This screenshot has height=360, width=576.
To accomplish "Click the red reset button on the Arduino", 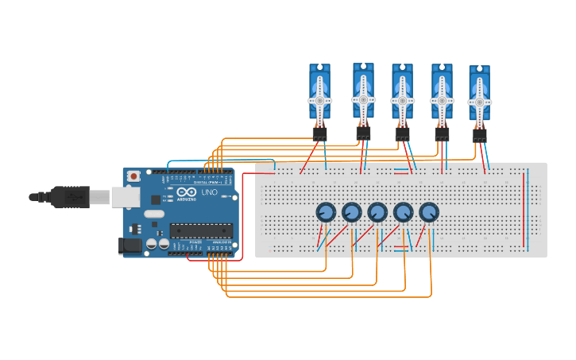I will tap(133, 175).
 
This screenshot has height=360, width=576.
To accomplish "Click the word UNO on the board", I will tap(210, 192).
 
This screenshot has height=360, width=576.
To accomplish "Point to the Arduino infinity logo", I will tap(187, 192).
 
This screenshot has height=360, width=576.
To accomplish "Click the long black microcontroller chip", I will tap(201, 231).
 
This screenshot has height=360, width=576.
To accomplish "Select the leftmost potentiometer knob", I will tap(326, 212).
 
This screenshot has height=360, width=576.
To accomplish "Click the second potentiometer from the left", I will tap(352, 212).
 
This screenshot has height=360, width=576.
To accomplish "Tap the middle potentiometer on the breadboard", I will tap(377, 212).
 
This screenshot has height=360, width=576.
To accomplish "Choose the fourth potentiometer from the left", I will tap(404, 212).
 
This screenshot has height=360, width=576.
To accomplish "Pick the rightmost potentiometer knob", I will tap(429, 212).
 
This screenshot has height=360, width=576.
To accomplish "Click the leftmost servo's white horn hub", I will tap(319, 101).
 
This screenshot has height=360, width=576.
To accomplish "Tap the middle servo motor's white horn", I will tap(402, 102).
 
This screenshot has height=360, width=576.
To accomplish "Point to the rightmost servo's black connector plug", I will tap(479, 135).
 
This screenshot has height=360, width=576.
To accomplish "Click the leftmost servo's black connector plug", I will tap(319, 134).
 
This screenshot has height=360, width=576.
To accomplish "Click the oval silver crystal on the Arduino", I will tap(154, 213).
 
